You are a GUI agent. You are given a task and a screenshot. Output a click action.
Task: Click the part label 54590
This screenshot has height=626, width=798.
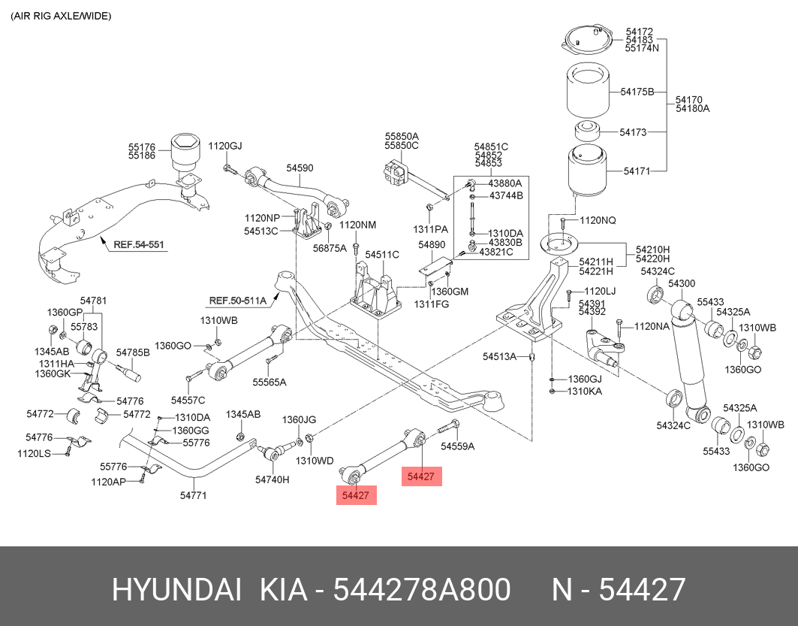tap(300, 169)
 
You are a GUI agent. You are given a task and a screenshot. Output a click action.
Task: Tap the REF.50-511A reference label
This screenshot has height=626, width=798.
tap(237, 301)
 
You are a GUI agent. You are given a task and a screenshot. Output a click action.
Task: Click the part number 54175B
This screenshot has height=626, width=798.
tap(637, 92)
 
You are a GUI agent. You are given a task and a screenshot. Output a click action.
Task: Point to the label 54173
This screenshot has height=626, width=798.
tap(633, 132)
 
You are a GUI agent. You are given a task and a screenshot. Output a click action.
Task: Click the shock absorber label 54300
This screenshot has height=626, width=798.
tap(682, 283)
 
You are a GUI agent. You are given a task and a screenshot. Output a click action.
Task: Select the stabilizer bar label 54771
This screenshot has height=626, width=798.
tap(193, 495)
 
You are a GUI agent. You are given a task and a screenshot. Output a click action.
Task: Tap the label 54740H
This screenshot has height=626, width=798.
tap(272, 479)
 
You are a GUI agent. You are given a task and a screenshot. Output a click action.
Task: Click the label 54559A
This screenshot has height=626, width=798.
tap(458, 446)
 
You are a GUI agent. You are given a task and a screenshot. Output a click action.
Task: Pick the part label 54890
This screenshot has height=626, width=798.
tap(432, 245)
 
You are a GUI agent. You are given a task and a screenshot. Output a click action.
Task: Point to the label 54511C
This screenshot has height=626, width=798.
tap(382, 255)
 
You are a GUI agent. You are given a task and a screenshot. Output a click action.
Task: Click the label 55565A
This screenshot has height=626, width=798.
tap(270, 382)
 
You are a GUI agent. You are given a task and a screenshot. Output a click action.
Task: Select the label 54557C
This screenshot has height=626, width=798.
tap(188, 400)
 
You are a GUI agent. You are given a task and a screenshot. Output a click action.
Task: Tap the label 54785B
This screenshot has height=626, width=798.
tap(133, 352)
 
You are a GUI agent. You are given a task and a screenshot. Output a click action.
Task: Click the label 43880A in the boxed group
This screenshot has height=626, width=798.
tap(505, 183)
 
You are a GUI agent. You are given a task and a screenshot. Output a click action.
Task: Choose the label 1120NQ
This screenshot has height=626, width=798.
tap(598, 220)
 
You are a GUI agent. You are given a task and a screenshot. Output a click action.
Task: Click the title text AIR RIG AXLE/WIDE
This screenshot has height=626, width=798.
tap(61, 16)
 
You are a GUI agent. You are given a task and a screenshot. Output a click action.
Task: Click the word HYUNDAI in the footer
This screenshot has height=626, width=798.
tap(176, 590)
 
